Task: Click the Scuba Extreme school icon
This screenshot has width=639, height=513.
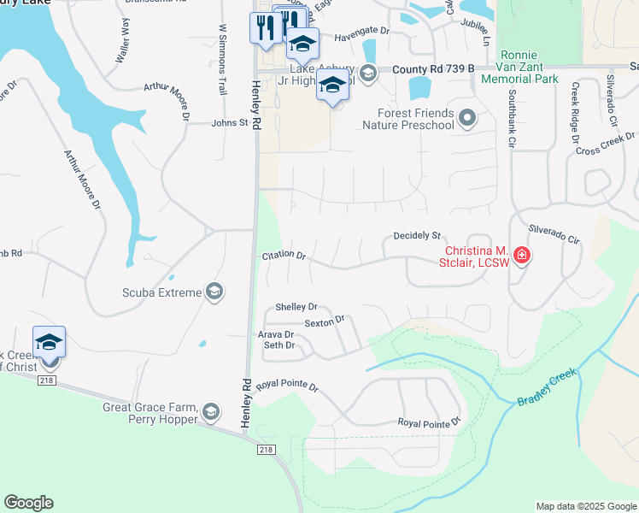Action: (214, 293)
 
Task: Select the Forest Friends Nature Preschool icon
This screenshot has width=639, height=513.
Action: (467, 118)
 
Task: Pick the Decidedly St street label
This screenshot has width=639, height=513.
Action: (416, 235)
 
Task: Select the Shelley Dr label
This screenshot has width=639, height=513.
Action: (296, 307)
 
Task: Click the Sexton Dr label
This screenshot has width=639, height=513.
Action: (324, 321)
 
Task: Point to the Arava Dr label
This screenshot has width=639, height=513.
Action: (277, 334)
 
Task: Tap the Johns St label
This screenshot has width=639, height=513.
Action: (229, 123)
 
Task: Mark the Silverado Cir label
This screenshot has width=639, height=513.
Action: (554, 235)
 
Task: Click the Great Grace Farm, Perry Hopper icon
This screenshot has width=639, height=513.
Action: (210, 414)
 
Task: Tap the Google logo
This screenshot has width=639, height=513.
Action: (28, 503)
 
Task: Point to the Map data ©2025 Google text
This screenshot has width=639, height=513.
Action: (586, 506)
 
